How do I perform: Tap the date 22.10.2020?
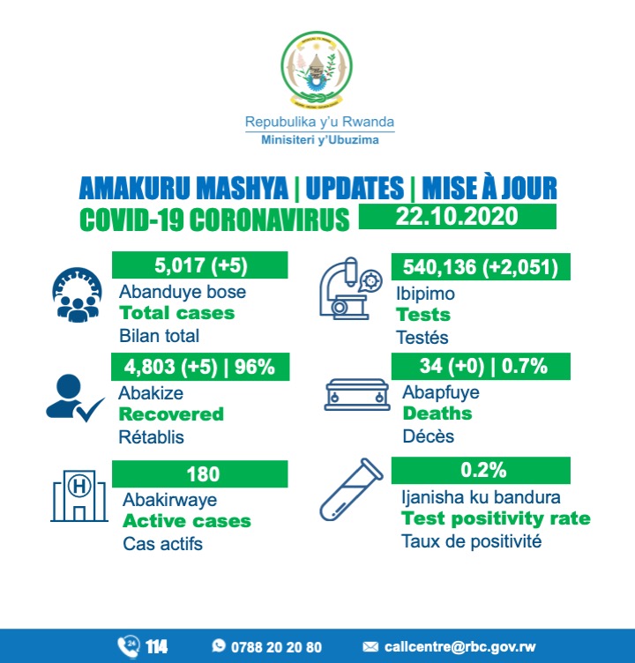point(457,217)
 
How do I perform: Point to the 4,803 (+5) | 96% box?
point(200,365)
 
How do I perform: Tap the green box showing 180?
point(200,473)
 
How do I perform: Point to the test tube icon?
point(352,500)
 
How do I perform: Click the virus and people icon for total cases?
point(77,293)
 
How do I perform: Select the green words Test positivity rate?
point(496,518)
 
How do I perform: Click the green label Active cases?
point(186,521)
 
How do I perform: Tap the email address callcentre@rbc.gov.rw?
point(452,647)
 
